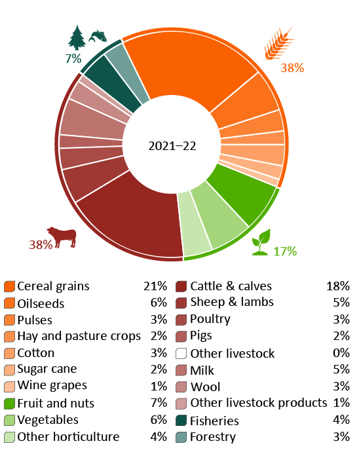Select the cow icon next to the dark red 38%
pyautogui.click(x=61, y=237)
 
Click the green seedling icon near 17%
pyautogui.click(x=262, y=238)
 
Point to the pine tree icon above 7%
pyautogui.click(x=77, y=37)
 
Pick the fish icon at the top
pyautogui.click(x=97, y=35)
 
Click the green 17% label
pyautogui.click(x=285, y=251)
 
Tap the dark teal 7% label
pyautogui.click(x=72, y=58)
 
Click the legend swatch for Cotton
pyautogui.click(x=9, y=353)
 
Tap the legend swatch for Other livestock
pyautogui.click(x=182, y=353)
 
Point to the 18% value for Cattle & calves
pyautogui.click(x=337, y=286)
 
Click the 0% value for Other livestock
pyautogui.click(x=341, y=353)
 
